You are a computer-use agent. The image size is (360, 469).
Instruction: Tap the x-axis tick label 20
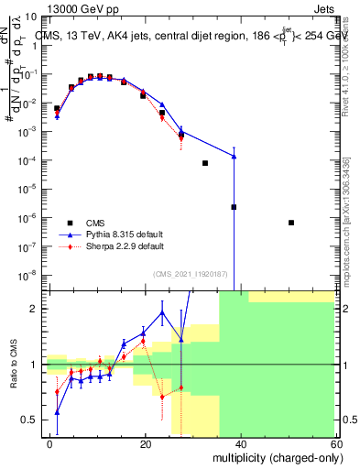point(146,443)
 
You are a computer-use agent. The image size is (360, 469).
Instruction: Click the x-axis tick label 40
point(240,443)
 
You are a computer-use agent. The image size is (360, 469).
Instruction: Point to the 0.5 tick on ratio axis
point(29,420)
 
